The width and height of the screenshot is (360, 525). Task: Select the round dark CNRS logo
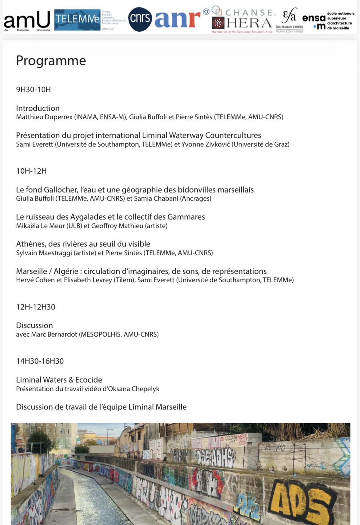point(140,19)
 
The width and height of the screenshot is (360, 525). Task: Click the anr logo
point(177,19)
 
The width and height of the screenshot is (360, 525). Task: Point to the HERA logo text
point(249,23)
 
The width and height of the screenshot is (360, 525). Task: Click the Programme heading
point(51,61)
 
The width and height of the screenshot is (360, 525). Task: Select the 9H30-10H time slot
point(34,89)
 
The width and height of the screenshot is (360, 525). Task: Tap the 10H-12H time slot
point(31,171)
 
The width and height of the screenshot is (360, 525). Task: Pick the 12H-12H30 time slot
point(36,307)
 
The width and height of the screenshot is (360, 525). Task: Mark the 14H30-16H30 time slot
point(40,361)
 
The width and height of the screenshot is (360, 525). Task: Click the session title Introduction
point(38,108)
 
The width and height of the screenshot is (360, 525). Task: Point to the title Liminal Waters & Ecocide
point(59,380)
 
